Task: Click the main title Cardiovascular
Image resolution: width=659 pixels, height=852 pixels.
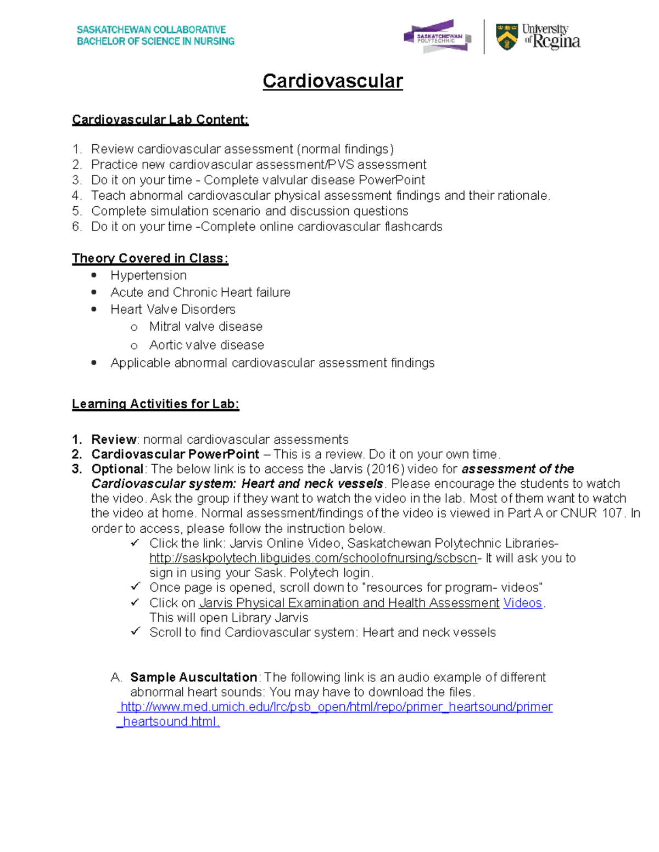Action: click(332, 81)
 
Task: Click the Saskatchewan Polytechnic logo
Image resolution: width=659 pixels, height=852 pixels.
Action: click(437, 37)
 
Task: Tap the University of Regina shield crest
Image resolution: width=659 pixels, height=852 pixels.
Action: click(506, 37)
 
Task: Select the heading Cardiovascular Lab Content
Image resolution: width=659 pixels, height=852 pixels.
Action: click(160, 120)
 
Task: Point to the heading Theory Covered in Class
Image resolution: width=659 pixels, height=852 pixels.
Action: click(150, 258)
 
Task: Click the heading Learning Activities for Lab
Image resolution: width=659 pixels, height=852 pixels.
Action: click(155, 404)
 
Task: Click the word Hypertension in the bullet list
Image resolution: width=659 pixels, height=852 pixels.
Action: click(148, 275)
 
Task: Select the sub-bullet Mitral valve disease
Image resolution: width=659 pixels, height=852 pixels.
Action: click(205, 326)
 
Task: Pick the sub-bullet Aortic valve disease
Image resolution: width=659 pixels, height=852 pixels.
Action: click(206, 345)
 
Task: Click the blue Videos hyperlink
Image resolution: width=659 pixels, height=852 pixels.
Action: click(522, 603)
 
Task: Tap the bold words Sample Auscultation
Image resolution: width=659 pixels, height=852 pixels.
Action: click(193, 677)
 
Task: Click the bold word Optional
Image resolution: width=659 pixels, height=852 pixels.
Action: click(117, 469)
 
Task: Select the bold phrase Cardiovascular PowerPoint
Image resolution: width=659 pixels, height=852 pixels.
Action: click(175, 454)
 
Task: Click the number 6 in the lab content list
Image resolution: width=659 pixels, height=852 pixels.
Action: click(76, 227)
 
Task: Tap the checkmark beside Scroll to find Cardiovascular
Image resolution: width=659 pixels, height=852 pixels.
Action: click(135, 631)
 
